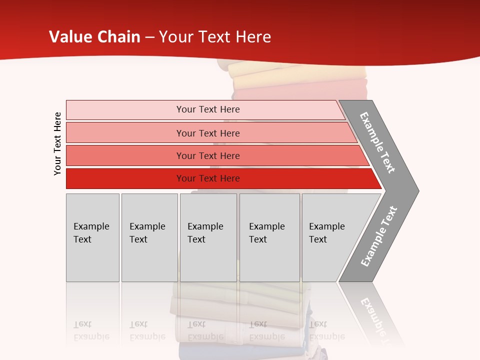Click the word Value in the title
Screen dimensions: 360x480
point(69,37)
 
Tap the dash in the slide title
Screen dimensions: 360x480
point(149,37)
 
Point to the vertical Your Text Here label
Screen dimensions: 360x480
point(57,143)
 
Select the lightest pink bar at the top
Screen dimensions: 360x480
point(125,110)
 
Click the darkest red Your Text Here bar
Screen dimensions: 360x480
point(125,178)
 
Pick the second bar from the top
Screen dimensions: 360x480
point(125,133)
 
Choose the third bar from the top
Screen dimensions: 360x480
point(125,155)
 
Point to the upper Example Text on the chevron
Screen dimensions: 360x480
point(377,142)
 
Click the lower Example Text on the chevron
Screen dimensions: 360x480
point(378,236)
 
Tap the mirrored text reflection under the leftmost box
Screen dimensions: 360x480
point(91,330)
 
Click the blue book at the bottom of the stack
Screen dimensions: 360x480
point(200,351)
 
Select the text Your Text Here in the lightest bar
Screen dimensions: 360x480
point(208,109)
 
